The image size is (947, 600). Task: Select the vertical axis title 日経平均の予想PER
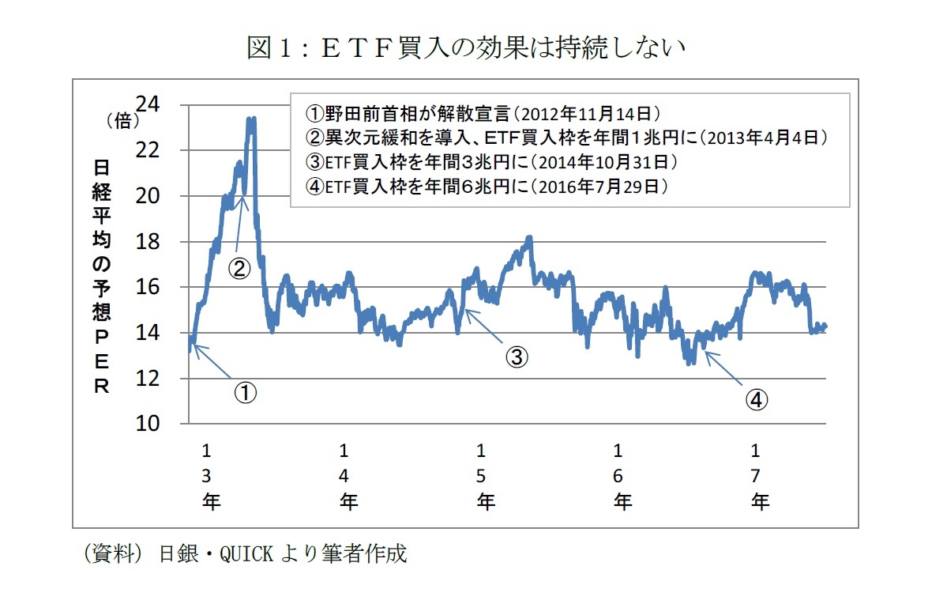tap(102, 277)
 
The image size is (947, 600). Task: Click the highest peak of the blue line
tap(251, 119)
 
